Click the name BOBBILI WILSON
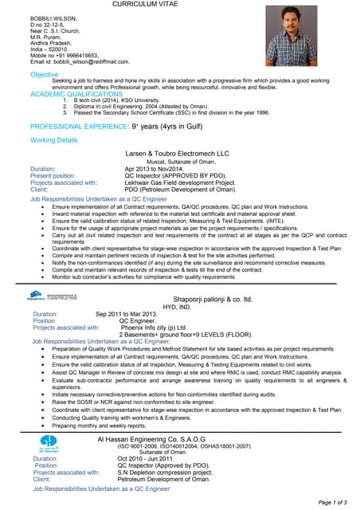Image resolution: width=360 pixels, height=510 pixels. (x=56, y=17)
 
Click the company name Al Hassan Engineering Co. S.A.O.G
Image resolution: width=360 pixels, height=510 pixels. (x=151, y=439)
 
